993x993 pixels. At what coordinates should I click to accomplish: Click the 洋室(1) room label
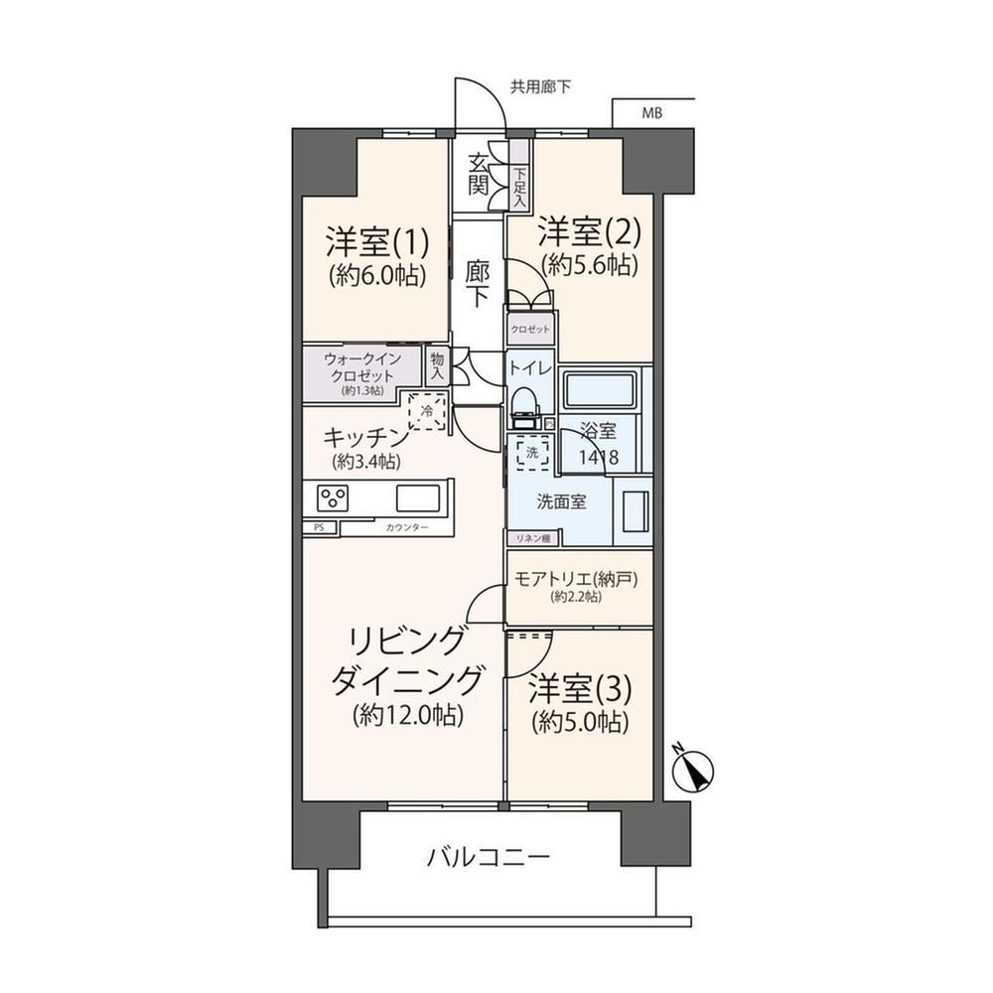pyautogui.click(x=377, y=241)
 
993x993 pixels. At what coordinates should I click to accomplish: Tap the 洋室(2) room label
pyautogui.click(x=590, y=231)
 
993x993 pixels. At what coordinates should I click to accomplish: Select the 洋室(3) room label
pyautogui.click(x=580, y=690)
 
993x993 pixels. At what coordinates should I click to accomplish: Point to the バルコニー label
pyautogui.click(x=489, y=859)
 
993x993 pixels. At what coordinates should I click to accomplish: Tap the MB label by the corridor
pyautogui.click(x=652, y=113)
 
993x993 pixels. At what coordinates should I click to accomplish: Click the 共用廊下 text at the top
pyautogui.click(x=541, y=86)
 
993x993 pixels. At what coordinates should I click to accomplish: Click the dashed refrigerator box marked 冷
pyautogui.click(x=427, y=412)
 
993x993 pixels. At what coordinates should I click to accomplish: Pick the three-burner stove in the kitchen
pyautogui.click(x=333, y=497)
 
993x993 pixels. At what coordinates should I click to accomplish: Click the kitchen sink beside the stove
pyautogui.click(x=418, y=497)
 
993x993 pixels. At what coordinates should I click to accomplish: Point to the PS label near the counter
pyautogui.click(x=319, y=527)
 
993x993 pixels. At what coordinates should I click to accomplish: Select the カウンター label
pyautogui.click(x=406, y=527)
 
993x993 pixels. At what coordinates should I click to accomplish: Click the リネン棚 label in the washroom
pyautogui.click(x=533, y=538)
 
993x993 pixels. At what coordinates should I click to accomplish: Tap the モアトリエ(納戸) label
pyautogui.click(x=576, y=579)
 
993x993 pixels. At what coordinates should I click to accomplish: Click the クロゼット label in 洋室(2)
pyautogui.click(x=530, y=330)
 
